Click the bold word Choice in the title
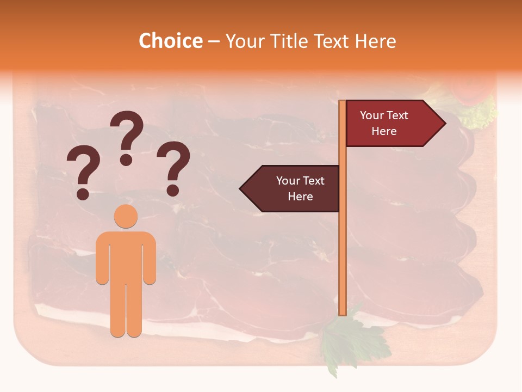170,41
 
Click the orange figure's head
126,216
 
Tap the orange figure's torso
126,256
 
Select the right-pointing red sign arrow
391,124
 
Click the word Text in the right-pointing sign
397,115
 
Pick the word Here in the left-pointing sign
300,197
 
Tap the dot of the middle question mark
126,160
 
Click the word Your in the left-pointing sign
287,181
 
